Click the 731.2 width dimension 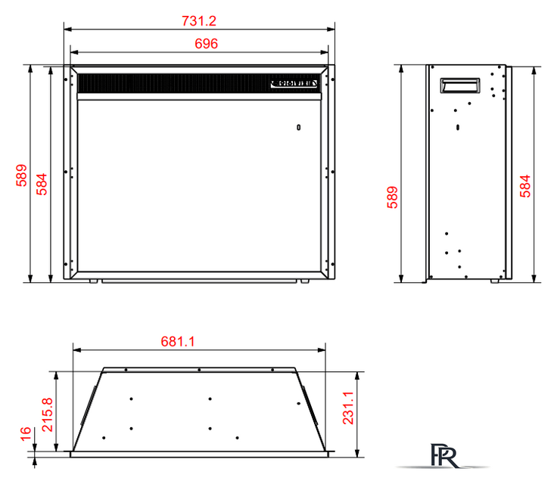point(199,21)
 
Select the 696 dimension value point(206,44)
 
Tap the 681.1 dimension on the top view point(178,342)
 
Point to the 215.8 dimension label point(47,414)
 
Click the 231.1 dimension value point(348,408)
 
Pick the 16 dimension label point(26,434)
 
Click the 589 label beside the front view point(21,175)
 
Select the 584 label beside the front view point(42,185)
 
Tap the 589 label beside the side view point(392,197)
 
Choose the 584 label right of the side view point(524,186)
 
